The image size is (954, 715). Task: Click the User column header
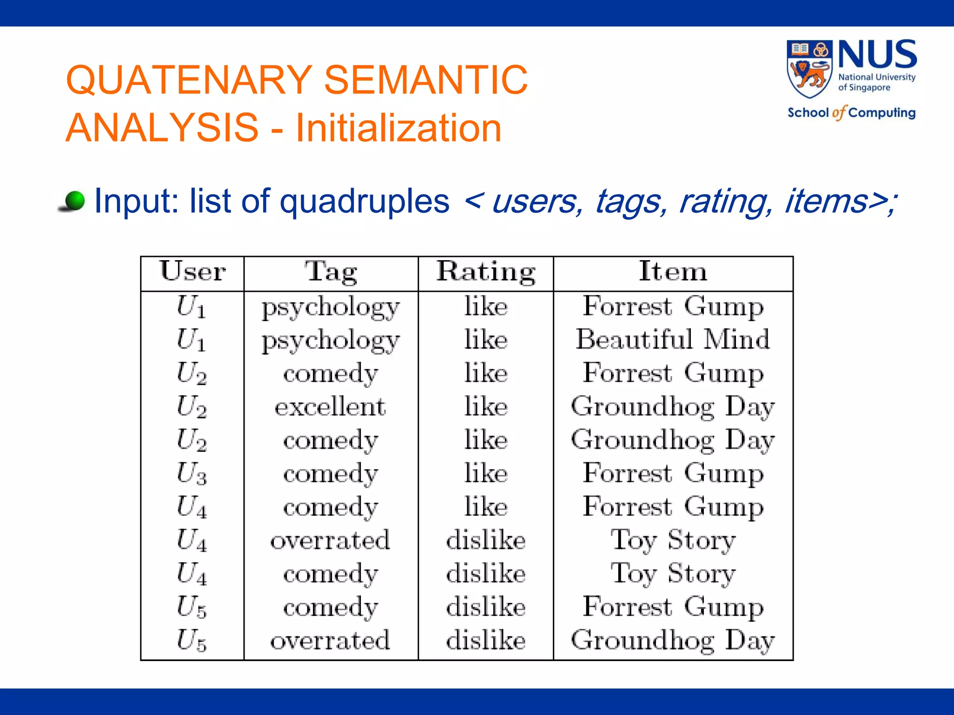point(192,271)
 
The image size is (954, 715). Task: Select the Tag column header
point(331,272)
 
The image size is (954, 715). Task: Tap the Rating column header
point(485,272)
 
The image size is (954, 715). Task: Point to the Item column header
point(673,271)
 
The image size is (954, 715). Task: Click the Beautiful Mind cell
point(673,339)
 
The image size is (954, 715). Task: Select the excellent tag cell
point(330,407)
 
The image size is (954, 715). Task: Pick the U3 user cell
point(191,473)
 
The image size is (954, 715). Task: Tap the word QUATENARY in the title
point(189,80)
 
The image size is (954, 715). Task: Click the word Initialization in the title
point(399,128)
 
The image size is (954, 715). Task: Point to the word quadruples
point(364,202)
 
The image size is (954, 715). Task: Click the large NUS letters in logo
point(877,55)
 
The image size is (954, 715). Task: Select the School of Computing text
point(851,113)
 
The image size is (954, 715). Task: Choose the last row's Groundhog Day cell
point(673,641)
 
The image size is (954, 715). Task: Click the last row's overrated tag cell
point(330,641)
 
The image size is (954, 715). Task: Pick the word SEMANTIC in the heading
point(426,80)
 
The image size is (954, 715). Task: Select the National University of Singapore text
point(876,82)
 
